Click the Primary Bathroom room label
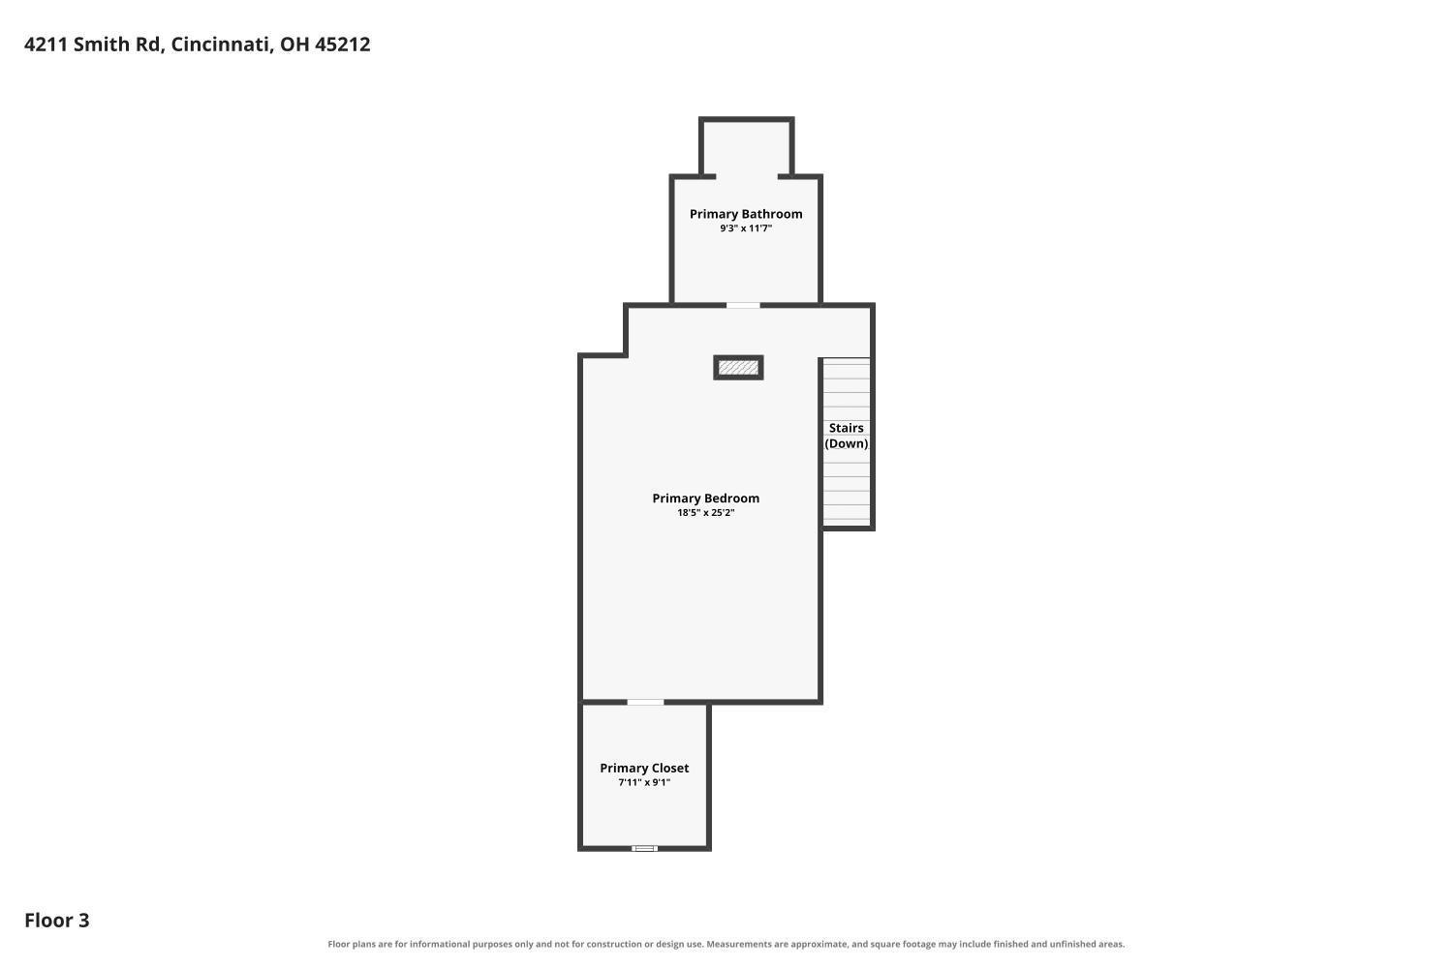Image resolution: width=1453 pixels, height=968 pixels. click(x=746, y=214)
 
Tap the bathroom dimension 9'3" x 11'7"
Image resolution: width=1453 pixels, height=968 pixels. click(x=746, y=228)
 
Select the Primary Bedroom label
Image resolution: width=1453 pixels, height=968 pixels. click(x=706, y=498)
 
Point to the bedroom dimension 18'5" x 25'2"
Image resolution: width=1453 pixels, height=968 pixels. click(x=706, y=513)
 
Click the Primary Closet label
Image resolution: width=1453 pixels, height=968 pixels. click(x=644, y=768)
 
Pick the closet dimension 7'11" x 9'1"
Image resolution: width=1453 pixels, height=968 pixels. click(x=644, y=782)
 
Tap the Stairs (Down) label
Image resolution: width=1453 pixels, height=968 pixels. click(x=847, y=436)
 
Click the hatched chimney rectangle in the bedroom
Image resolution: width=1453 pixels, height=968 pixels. click(x=738, y=368)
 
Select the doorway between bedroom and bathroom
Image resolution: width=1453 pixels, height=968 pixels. click(x=743, y=305)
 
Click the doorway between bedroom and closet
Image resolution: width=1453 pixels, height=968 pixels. click(x=645, y=702)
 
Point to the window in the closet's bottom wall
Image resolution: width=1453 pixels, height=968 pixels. click(x=645, y=848)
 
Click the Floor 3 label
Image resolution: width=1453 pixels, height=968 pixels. click(x=57, y=921)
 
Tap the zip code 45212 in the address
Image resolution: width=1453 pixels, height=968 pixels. click(x=343, y=45)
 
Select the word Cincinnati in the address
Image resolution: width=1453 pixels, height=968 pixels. click(x=222, y=45)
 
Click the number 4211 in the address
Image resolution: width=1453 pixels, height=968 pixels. click(x=46, y=45)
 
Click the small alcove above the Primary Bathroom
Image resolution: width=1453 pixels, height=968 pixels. click(x=747, y=147)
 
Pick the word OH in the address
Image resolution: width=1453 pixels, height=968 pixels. click(x=294, y=45)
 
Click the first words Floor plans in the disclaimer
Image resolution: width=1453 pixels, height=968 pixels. click(x=351, y=945)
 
